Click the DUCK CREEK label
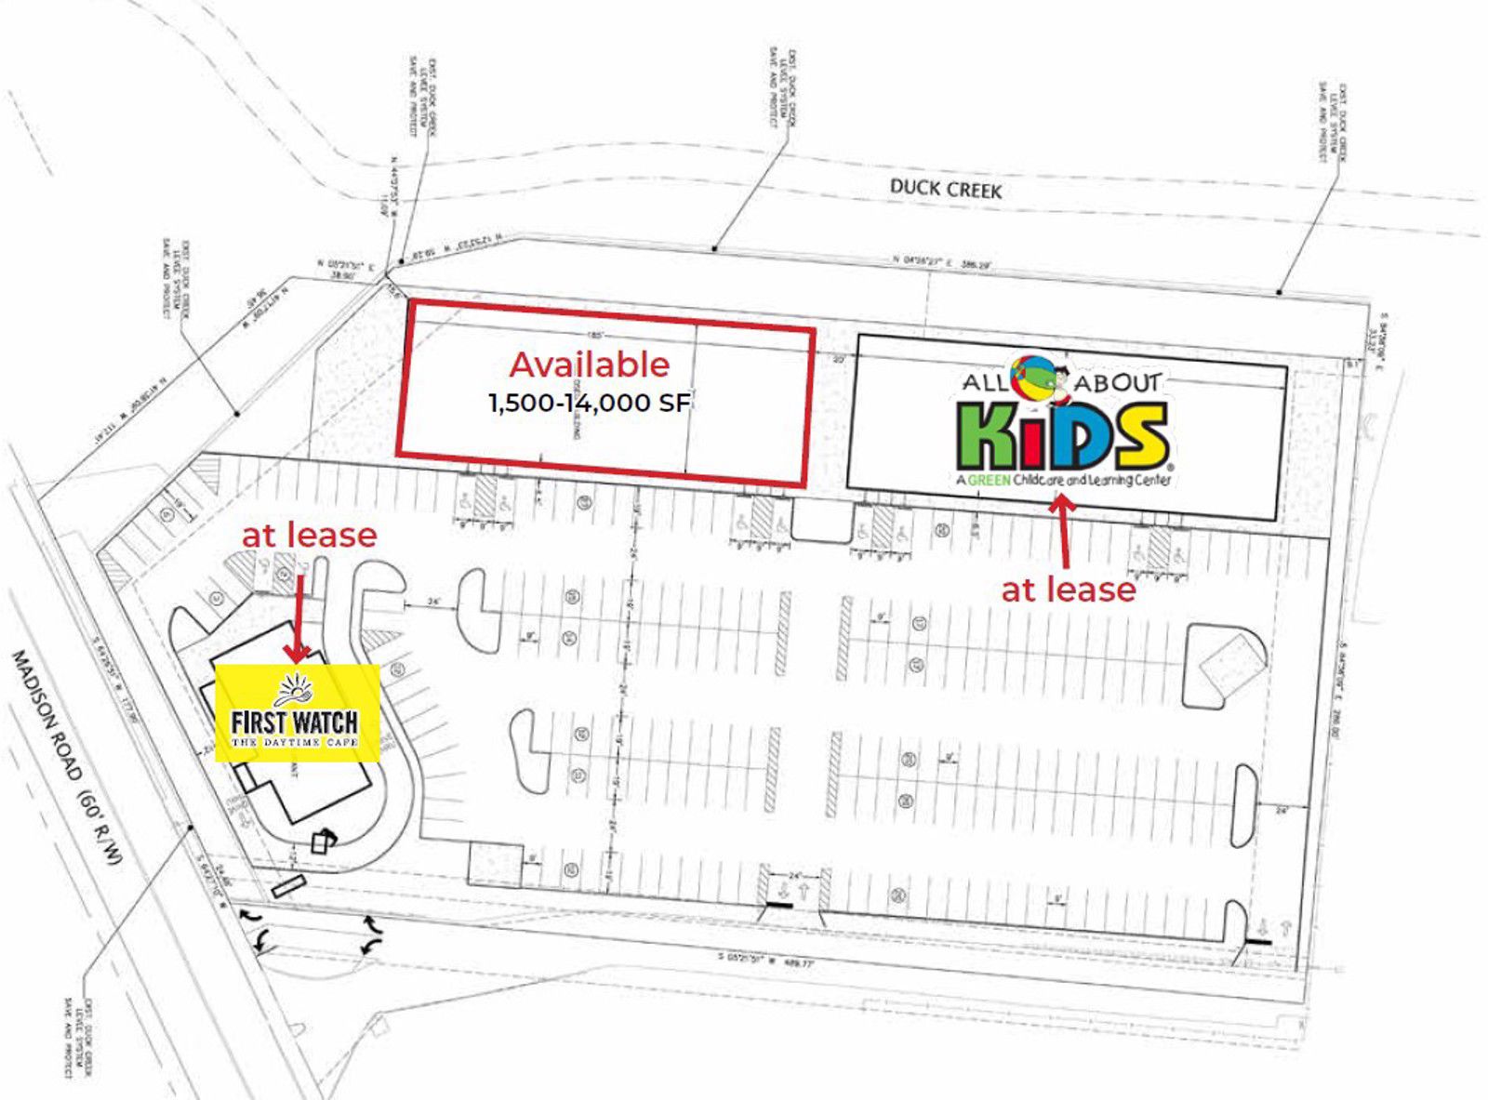[x=946, y=189]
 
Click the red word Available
[x=589, y=364]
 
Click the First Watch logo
[x=297, y=713]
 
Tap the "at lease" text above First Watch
[x=310, y=535]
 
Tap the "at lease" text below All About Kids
[x=1069, y=590]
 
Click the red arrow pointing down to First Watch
[x=298, y=618]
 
